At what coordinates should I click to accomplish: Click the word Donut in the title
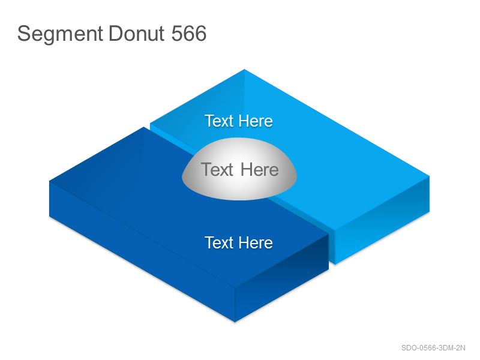coord(137,34)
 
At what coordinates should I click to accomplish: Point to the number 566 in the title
coord(189,34)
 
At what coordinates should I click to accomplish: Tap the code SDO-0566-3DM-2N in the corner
coord(433,348)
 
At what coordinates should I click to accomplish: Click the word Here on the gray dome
coord(260,170)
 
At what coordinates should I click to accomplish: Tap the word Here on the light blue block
coord(256,121)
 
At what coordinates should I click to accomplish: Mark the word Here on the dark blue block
coord(256,243)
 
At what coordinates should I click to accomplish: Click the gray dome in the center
coord(239,169)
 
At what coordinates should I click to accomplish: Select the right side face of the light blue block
coord(382,220)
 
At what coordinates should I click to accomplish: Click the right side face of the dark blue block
coord(281,278)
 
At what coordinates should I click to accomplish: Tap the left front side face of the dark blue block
coord(142,251)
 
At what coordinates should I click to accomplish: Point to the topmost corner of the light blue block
coord(244,70)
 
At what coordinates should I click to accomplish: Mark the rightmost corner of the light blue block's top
coord(430,176)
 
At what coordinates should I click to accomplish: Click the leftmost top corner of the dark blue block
coord(50,181)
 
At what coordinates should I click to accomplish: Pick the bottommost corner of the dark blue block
coord(235,322)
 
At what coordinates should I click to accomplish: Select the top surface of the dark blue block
coord(172,214)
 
